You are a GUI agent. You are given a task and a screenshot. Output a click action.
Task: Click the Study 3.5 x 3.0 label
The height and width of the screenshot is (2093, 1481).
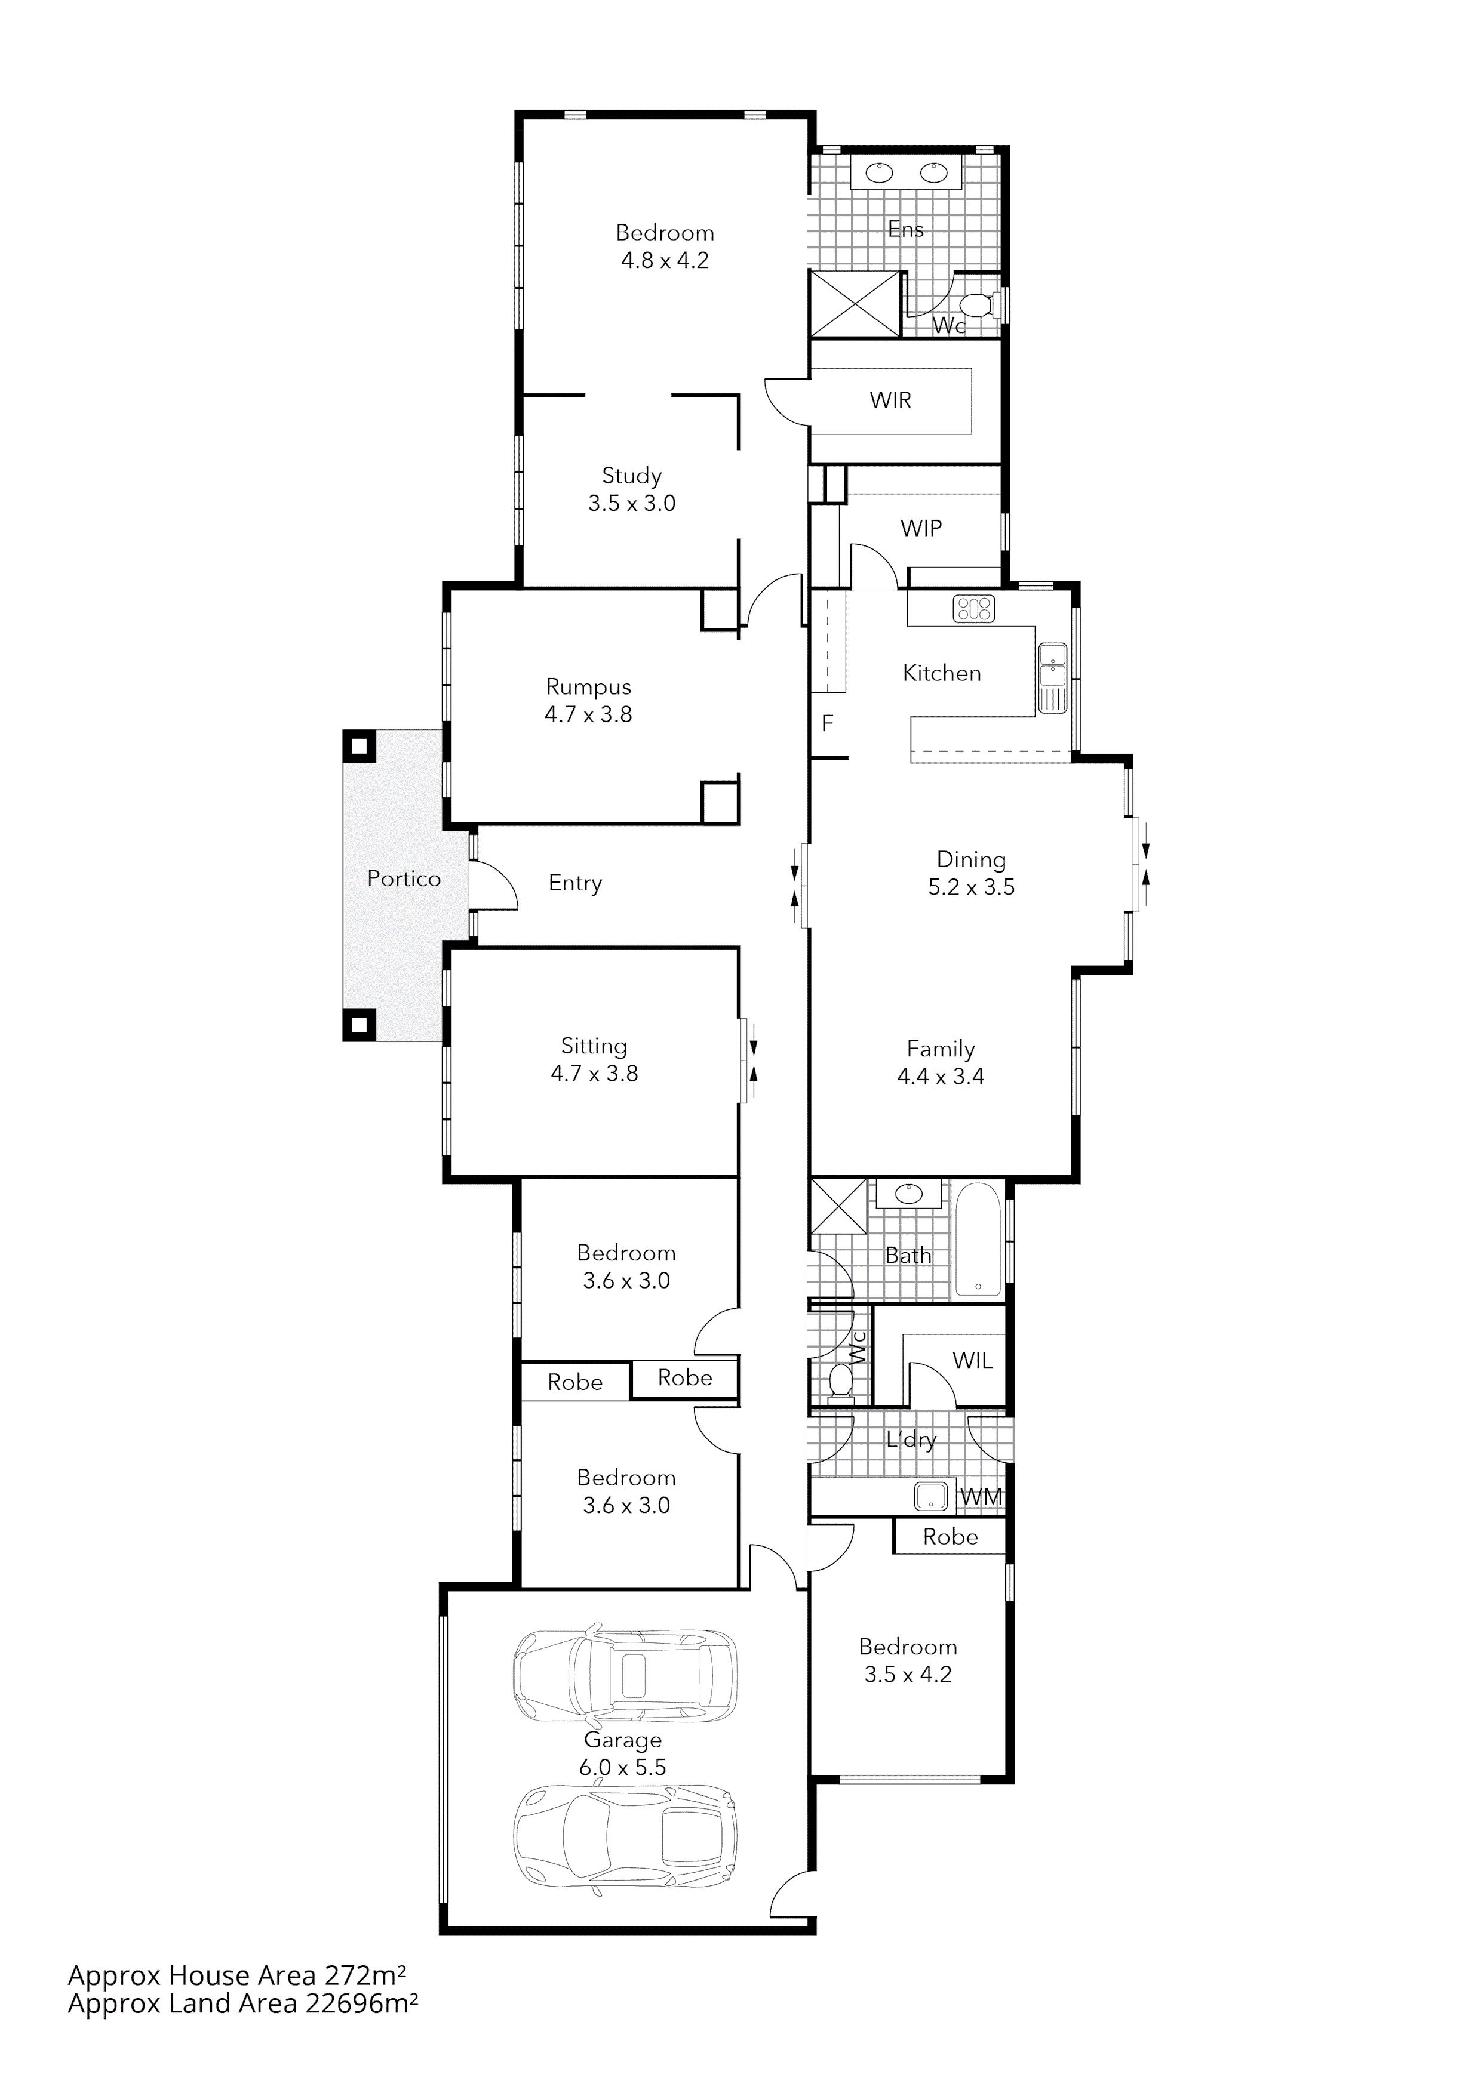[631, 489]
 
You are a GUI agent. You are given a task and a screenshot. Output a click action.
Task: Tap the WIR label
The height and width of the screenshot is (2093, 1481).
[890, 400]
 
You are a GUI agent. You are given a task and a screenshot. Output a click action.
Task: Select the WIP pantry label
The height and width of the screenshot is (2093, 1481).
[920, 528]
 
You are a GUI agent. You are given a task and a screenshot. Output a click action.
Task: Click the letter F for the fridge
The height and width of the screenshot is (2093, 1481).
[827, 724]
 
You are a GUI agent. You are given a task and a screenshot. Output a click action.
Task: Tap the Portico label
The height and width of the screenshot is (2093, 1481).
[403, 878]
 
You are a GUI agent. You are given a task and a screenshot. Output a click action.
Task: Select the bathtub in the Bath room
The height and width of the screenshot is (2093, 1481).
[978, 1241]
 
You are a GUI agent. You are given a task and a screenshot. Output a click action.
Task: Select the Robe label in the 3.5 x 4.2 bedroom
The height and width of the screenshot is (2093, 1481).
[950, 1537]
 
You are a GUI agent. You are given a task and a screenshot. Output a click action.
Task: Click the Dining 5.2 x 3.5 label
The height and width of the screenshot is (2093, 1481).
[971, 873]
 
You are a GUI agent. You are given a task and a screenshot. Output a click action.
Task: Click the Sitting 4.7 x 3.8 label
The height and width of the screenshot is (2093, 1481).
[594, 1059]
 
